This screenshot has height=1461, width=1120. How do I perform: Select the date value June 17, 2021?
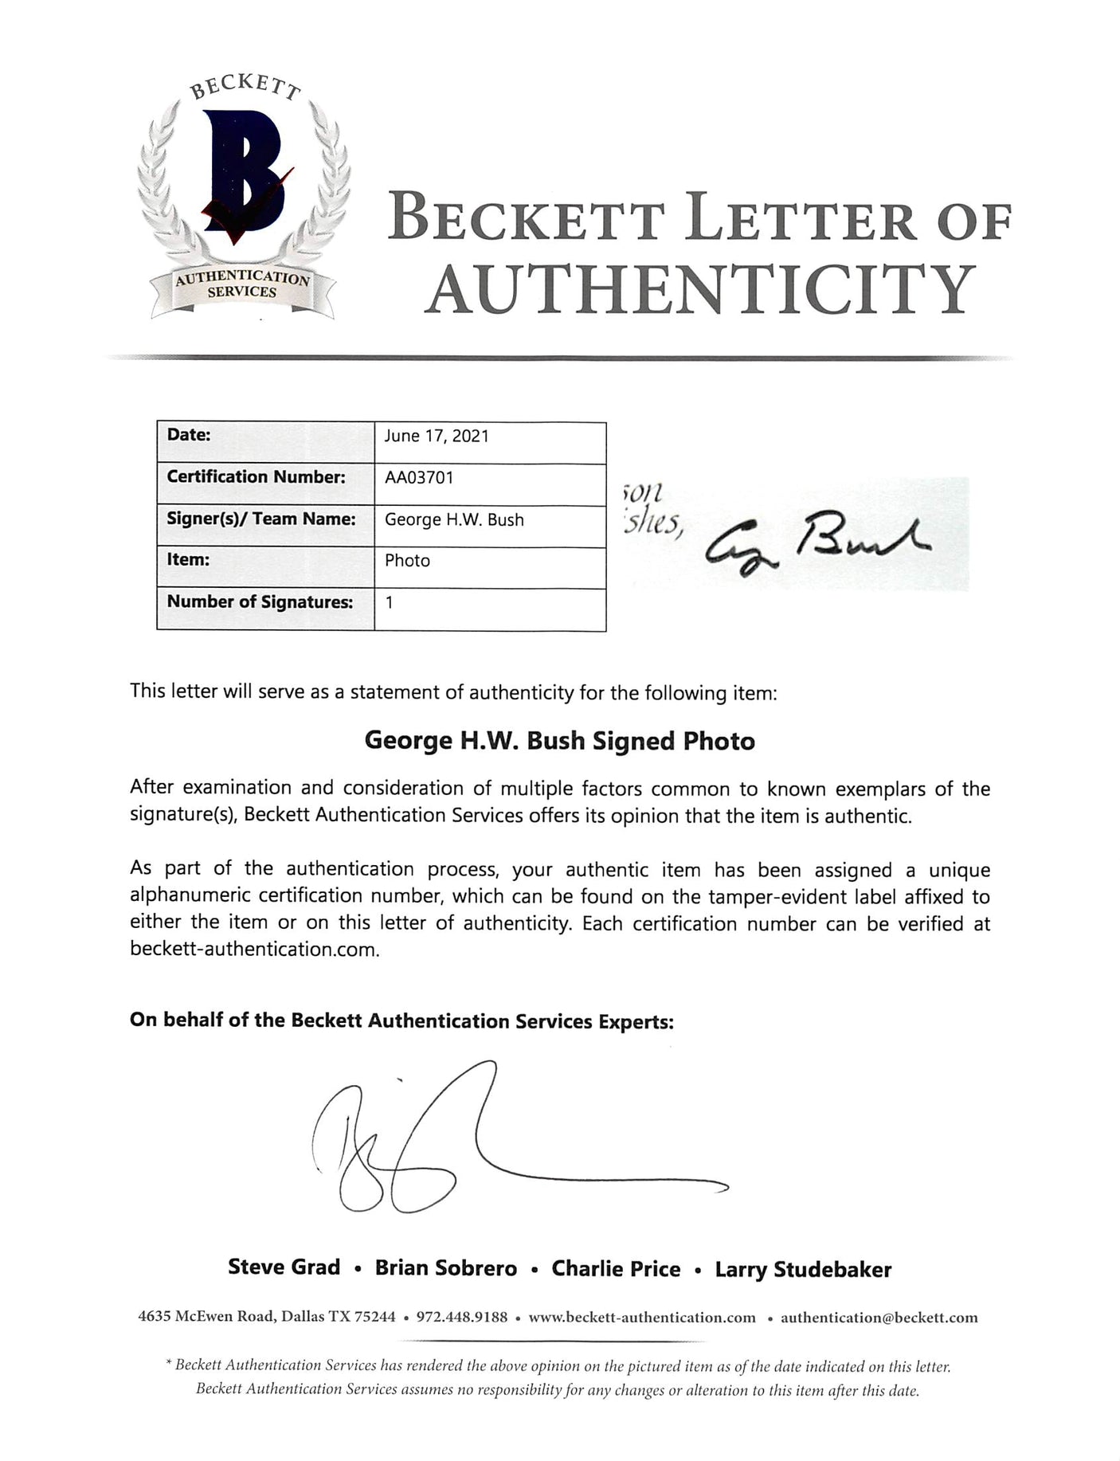[436, 437]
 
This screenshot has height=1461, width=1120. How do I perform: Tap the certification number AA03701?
[419, 478]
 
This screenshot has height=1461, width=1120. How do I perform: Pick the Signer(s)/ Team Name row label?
[260, 519]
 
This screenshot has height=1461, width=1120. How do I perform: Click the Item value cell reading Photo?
[407, 561]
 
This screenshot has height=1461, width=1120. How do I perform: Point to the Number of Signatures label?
[259, 602]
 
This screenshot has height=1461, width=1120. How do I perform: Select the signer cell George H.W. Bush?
[454, 520]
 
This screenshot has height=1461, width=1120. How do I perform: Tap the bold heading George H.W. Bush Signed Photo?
[559, 742]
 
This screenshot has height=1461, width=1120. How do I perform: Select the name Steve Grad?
[284, 1267]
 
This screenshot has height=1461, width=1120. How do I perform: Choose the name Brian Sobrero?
[446, 1268]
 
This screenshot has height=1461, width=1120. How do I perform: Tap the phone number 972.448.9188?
[462, 1317]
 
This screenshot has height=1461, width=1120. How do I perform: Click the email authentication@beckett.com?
[879, 1318]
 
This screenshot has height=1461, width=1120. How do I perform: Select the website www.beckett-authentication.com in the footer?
[642, 1318]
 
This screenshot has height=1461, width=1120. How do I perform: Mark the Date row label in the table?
[189, 435]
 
